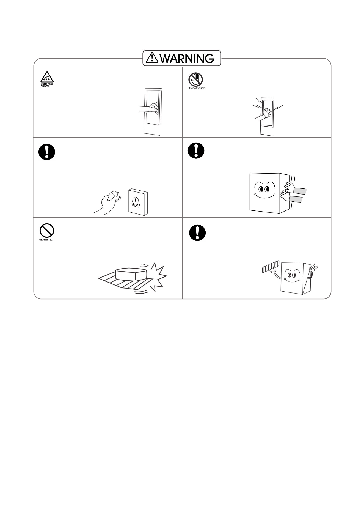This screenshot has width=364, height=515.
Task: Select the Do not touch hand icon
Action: click(x=195, y=80)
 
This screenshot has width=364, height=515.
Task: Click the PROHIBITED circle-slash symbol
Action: click(x=46, y=230)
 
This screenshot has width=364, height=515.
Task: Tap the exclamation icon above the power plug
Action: click(x=47, y=152)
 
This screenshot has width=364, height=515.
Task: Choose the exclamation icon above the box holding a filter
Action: click(x=197, y=233)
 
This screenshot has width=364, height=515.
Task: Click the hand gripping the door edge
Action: click(x=153, y=108)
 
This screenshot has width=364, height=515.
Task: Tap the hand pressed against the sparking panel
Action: click(x=266, y=113)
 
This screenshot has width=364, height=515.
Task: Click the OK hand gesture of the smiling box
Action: click(x=314, y=268)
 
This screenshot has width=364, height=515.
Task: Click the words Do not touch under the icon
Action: click(x=197, y=88)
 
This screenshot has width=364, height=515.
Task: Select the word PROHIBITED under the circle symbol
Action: click(x=46, y=240)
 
